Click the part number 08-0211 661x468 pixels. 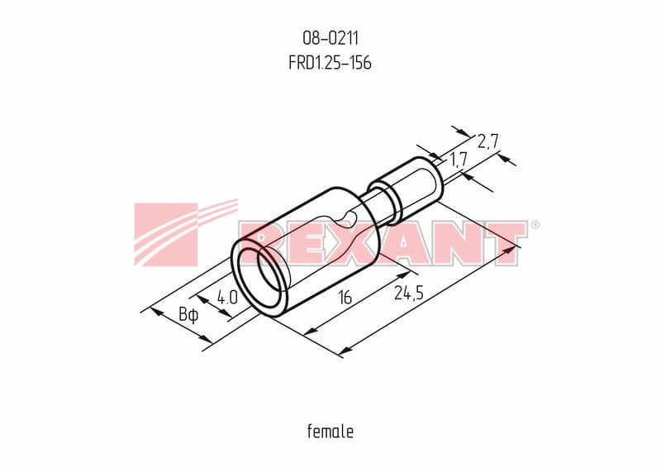330,38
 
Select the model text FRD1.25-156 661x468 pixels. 330,63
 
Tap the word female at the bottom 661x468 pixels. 330,432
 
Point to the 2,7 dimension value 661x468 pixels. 488,141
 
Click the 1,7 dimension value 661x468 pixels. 459,160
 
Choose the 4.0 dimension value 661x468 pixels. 227,298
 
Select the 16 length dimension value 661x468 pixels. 345,298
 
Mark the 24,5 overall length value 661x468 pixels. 408,293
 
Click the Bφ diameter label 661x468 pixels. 188,315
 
